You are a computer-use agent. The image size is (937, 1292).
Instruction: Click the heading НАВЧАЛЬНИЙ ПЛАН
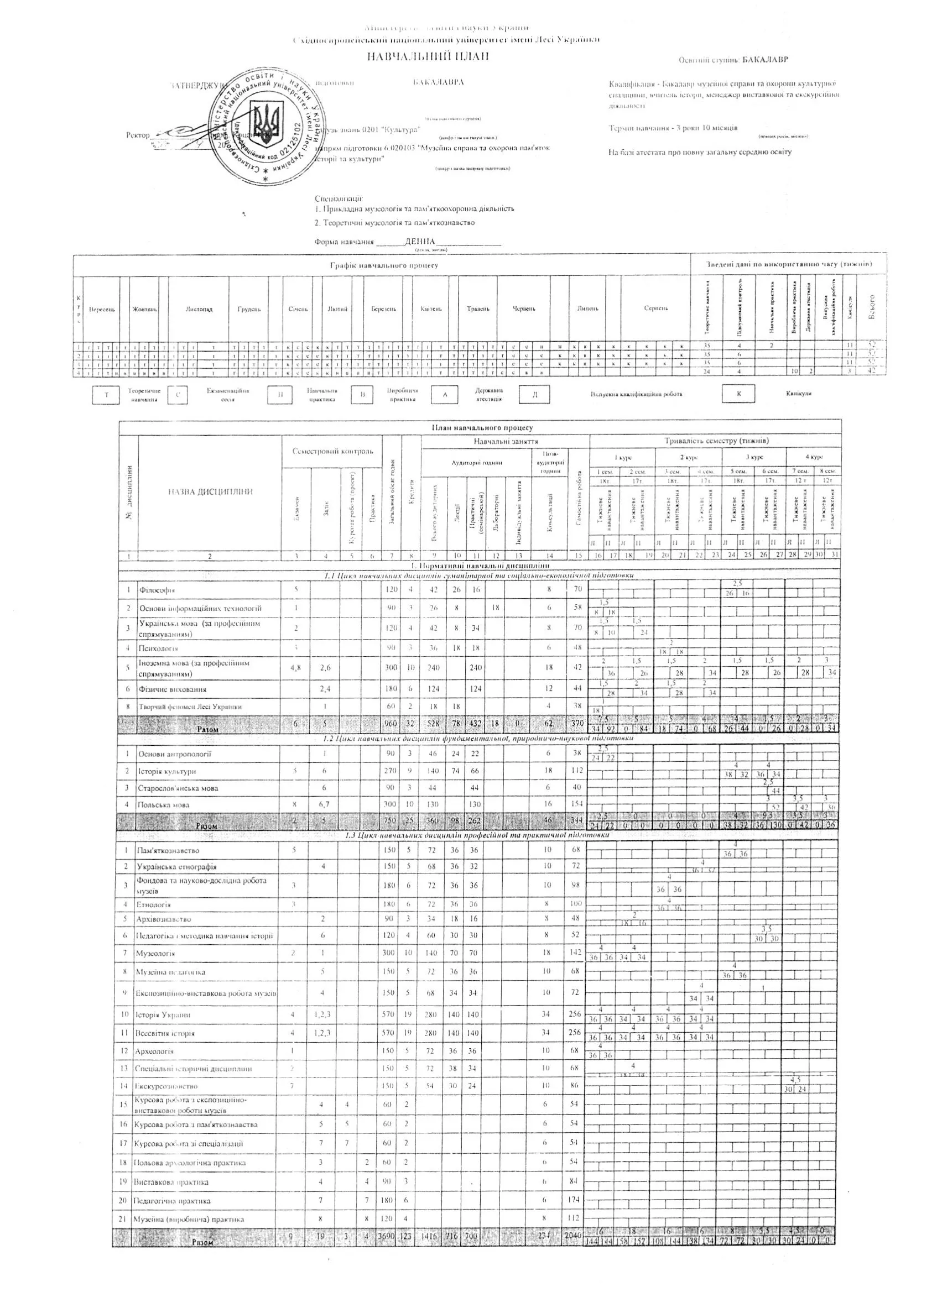pos(428,56)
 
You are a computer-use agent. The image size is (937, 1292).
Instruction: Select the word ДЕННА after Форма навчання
pos(419,242)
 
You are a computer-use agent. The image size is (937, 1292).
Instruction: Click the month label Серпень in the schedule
pos(655,308)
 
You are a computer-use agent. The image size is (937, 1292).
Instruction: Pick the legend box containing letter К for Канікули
pos(738,394)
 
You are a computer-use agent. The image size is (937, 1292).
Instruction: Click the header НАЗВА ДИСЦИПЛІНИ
pos(210,491)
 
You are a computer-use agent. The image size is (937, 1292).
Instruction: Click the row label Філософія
pos(157,590)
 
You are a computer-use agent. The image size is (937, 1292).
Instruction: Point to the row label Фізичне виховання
pos(168,689)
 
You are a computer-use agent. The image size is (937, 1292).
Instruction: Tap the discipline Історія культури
pos(167,771)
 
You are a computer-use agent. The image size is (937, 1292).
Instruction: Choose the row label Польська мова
pos(164,805)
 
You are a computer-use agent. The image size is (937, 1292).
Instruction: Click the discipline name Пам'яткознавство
pos(168,850)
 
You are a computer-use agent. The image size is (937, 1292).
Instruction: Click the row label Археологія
pos(154,1051)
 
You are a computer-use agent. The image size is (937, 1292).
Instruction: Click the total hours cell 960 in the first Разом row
pos(391,724)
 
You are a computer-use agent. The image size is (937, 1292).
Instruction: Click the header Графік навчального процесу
pos(384,265)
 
